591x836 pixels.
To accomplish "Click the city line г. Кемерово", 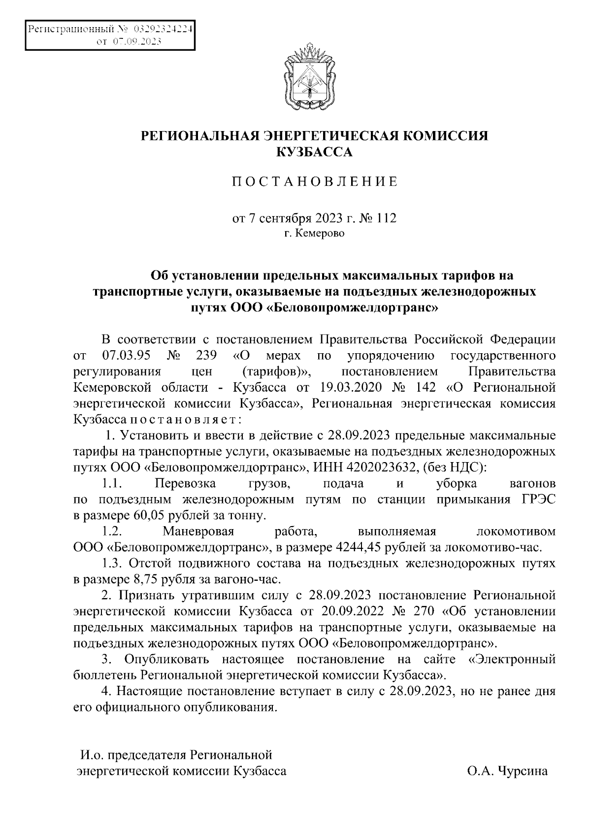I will [314, 233].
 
